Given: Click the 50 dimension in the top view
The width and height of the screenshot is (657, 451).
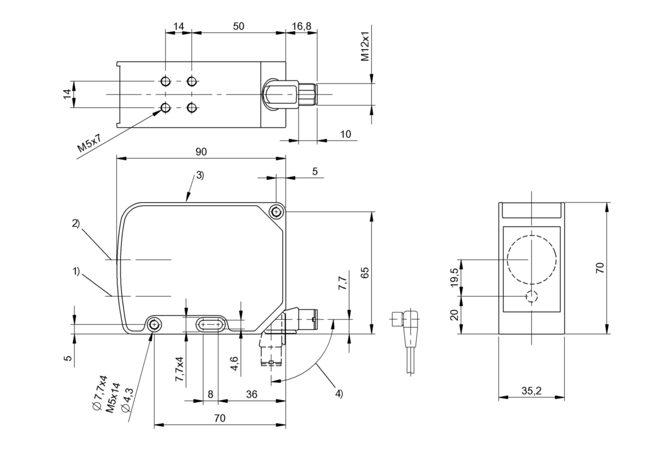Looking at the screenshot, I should point(239,26).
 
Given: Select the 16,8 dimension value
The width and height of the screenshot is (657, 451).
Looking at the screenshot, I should point(301,26).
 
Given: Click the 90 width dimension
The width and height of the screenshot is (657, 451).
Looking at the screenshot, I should point(201,152).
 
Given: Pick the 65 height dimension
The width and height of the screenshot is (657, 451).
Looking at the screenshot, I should point(365,273).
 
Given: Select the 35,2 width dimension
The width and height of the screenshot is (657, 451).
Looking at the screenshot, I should point(531,391).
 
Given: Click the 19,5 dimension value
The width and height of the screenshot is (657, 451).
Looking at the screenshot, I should point(454,277).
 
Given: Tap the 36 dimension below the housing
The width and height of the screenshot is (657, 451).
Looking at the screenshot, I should point(251,394).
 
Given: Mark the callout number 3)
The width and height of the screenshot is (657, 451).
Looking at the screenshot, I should point(199,175).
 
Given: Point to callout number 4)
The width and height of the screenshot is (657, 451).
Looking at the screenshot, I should point(339,393).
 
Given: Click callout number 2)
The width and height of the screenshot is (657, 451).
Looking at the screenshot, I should point(76,223).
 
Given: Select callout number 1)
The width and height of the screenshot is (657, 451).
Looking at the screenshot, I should point(76,272).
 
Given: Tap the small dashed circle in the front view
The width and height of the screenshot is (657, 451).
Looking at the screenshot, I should point(531,297).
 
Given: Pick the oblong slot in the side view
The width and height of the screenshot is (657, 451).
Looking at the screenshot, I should point(210,325).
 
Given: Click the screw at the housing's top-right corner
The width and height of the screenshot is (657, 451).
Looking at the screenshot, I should point(276,211).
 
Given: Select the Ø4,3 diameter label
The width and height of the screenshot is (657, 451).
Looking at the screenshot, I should point(128,401).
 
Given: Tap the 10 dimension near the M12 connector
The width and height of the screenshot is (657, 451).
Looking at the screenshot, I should point(346,134).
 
